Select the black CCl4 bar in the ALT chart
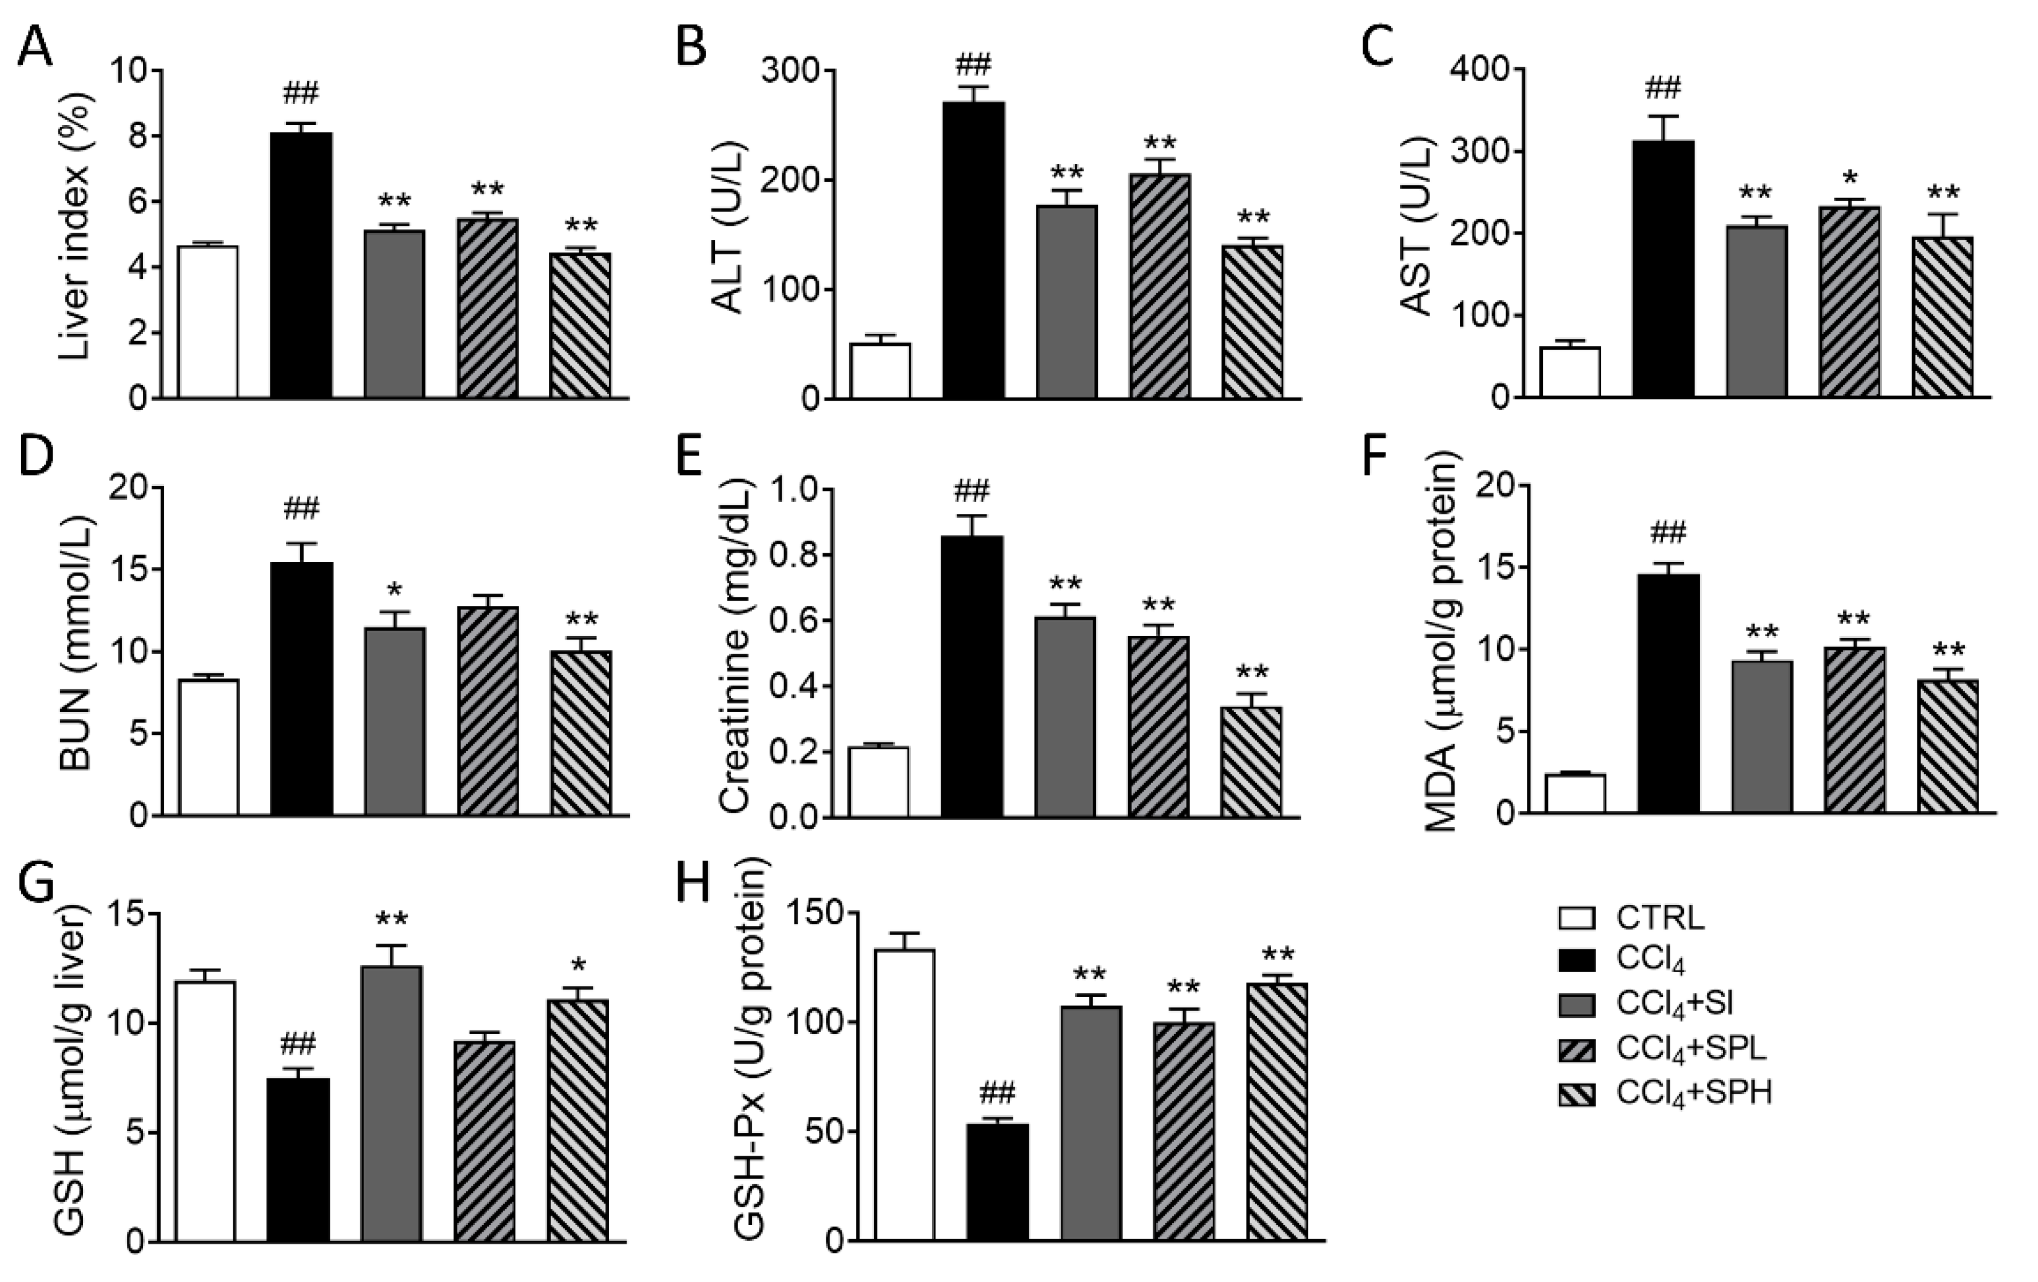973,250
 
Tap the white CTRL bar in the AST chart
1569,372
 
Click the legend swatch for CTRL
1576,918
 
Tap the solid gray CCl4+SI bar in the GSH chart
391,1104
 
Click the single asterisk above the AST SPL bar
1849,178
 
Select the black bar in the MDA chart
1668,694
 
